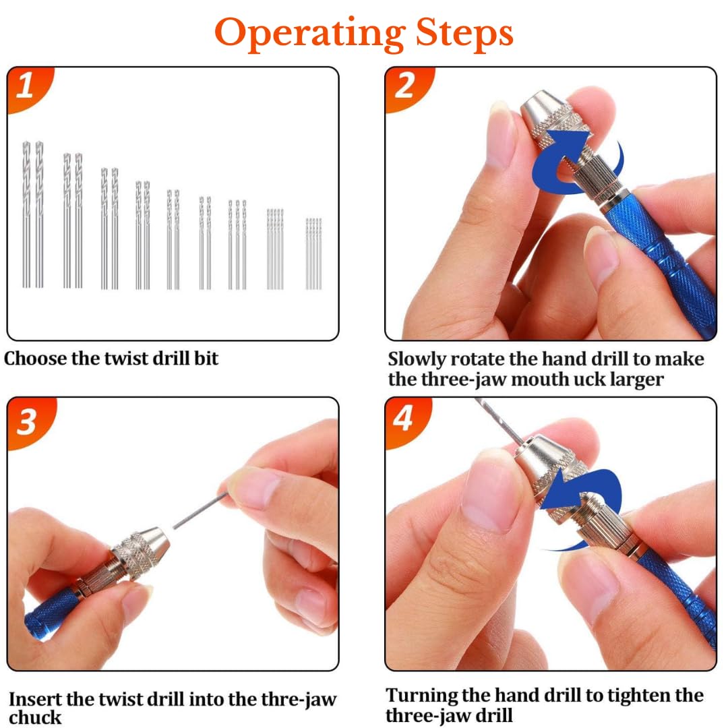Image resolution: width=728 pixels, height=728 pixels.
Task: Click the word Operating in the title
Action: click(309, 33)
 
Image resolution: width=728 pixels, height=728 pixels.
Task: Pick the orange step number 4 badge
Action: click(405, 419)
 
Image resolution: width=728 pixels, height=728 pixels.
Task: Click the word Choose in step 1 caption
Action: click(35, 359)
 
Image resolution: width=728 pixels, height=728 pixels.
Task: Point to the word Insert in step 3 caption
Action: click(35, 699)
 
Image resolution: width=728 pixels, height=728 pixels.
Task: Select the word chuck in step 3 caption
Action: click(35, 717)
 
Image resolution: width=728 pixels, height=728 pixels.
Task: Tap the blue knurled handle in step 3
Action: click(52, 613)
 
